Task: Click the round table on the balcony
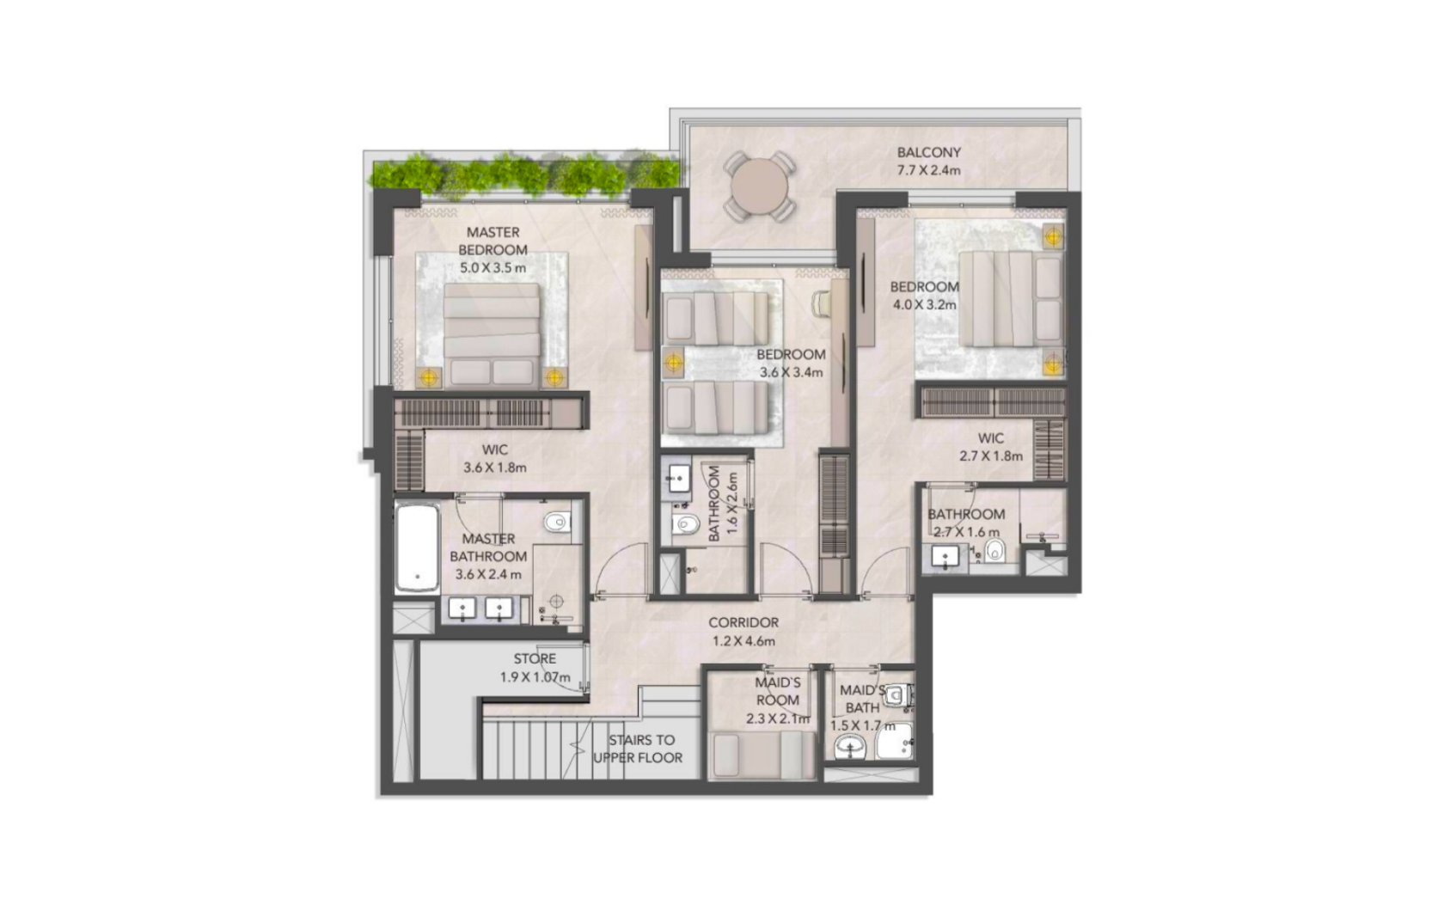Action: coord(759,187)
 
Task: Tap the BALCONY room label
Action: coord(929,153)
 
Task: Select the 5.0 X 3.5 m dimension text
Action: coord(493,266)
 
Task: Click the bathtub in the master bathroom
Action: coord(418,548)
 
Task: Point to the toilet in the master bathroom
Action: coord(557,522)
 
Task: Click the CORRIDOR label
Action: coord(743,622)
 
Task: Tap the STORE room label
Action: coord(535,658)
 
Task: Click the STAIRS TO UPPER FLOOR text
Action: coord(638,749)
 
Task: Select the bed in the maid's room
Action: coord(762,755)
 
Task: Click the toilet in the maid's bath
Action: coord(899,695)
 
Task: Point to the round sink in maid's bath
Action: coord(851,749)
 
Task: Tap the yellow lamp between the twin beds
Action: coord(674,363)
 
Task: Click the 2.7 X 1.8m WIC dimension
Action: coord(991,456)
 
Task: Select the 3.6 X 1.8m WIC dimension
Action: coord(495,468)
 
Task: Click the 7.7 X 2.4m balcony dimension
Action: coord(929,171)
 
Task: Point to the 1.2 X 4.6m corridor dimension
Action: coord(743,641)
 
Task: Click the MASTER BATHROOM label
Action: coord(488,547)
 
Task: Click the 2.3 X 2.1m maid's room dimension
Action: coord(778,718)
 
